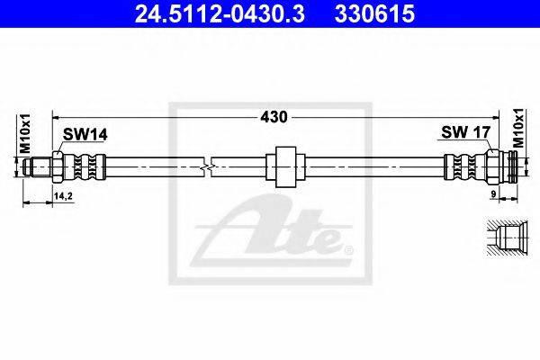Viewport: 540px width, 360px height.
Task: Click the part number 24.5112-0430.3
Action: pyautogui.click(x=220, y=14)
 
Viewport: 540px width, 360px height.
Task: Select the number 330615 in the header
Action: pyautogui.click(x=374, y=14)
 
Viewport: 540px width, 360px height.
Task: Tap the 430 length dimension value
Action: pyautogui.click(x=274, y=117)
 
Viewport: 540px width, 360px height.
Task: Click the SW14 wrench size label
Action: pyautogui.click(x=85, y=135)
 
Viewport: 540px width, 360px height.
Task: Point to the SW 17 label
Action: pyautogui.click(x=465, y=132)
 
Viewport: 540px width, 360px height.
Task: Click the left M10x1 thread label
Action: pyautogui.click(x=25, y=134)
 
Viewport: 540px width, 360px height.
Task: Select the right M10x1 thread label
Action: pyautogui.click(x=517, y=128)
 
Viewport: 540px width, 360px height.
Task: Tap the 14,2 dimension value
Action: pyautogui.click(x=63, y=196)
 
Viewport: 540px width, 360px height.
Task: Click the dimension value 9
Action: pyautogui.click(x=493, y=194)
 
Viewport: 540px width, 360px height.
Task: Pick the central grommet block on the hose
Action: pyautogui.click(x=285, y=167)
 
